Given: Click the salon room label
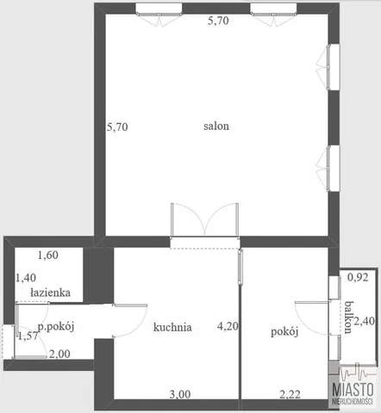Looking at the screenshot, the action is pos(216,126).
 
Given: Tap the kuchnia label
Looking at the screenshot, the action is pos(172,327).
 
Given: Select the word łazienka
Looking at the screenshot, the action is pos(50,293).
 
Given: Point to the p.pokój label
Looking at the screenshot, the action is pos(56,327).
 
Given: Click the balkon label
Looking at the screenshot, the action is pos(348,317).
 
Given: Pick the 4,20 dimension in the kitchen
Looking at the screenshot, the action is pos(228,326).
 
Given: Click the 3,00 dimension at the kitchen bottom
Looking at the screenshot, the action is pos(180,395).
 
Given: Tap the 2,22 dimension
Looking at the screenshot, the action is pos(290,395).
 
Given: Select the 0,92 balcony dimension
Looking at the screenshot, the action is pos(358,277).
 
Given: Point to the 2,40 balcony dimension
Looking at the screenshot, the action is pos(364,321).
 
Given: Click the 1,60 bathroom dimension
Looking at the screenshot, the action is pos(48,255).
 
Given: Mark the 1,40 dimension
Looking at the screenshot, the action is pos(26,278).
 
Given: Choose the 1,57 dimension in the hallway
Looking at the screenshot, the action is pos(28,336).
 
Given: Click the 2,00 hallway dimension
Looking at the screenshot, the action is pos(59,354).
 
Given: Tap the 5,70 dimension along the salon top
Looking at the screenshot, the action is pos(218,21).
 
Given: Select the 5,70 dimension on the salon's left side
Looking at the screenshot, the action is pos(117,126).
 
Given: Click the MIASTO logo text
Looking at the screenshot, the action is pos(353,390).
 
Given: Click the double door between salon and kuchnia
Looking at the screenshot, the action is pos(204,220).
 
